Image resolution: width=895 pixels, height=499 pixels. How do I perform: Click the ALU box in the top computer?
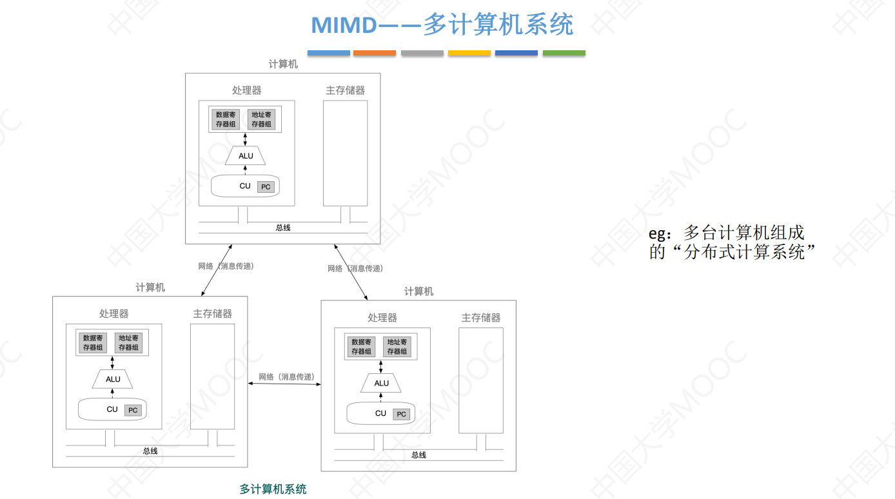[x=246, y=156]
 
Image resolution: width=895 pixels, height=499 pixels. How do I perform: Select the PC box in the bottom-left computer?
[x=133, y=410]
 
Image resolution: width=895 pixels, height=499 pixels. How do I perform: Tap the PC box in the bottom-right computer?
[x=401, y=414]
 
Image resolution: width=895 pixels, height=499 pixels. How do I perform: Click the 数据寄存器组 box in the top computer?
[x=226, y=119]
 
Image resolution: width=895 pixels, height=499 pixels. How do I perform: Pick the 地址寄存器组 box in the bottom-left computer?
[x=128, y=342]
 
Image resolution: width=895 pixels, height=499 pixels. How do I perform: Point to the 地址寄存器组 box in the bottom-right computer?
[x=397, y=347]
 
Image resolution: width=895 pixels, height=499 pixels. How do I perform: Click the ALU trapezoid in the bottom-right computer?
[x=381, y=384]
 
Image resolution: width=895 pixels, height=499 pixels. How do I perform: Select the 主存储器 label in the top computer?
[x=345, y=90]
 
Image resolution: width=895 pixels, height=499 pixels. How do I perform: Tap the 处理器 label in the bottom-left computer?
[x=113, y=313]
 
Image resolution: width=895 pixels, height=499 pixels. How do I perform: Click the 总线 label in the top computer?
[x=283, y=228]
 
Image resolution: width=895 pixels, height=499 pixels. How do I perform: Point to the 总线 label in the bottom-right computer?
[x=418, y=455]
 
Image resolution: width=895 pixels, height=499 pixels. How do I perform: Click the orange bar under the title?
[x=375, y=53]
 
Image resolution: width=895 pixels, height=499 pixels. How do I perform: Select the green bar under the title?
[x=564, y=53]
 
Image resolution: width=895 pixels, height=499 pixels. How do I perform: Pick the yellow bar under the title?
[x=469, y=53]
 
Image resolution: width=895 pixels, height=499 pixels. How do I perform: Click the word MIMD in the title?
[x=344, y=26]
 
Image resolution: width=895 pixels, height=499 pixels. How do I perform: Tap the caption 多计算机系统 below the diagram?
[x=273, y=489]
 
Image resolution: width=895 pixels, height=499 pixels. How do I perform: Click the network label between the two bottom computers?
[x=286, y=377]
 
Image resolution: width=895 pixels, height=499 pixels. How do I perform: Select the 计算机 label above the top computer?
[x=283, y=64]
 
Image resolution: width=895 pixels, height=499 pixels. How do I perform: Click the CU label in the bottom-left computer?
[x=112, y=409]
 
